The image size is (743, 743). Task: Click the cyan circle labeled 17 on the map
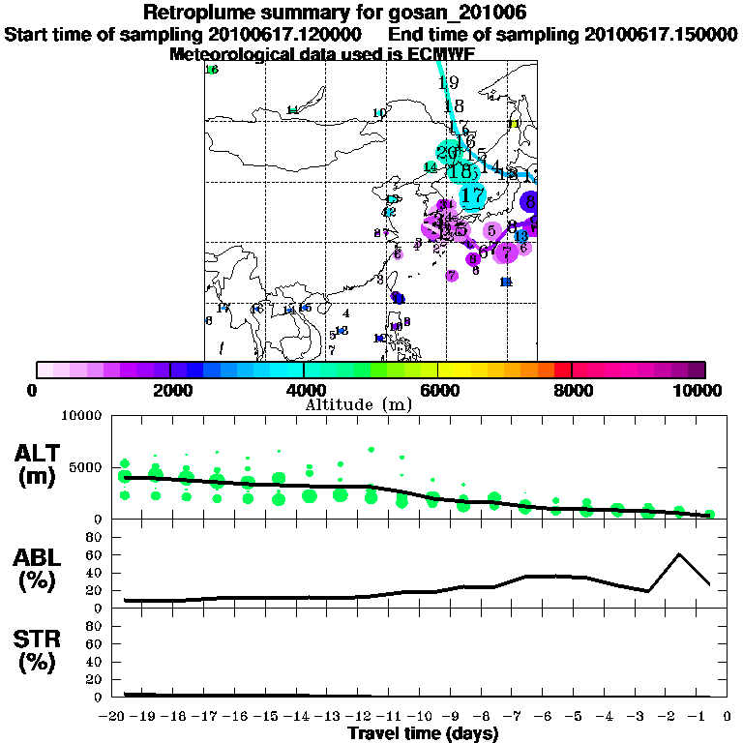pyautogui.click(x=472, y=195)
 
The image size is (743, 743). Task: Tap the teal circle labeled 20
pyautogui.click(x=448, y=153)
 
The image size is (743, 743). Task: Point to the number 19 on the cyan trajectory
pyautogui.click(x=447, y=83)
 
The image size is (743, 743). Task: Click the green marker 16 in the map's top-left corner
pyautogui.click(x=212, y=70)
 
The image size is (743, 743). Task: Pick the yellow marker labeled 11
pyautogui.click(x=515, y=124)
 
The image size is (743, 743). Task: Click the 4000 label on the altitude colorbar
pyautogui.click(x=304, y=391)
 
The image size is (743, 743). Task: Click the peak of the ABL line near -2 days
pyautogui.click(x=679, y=554)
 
